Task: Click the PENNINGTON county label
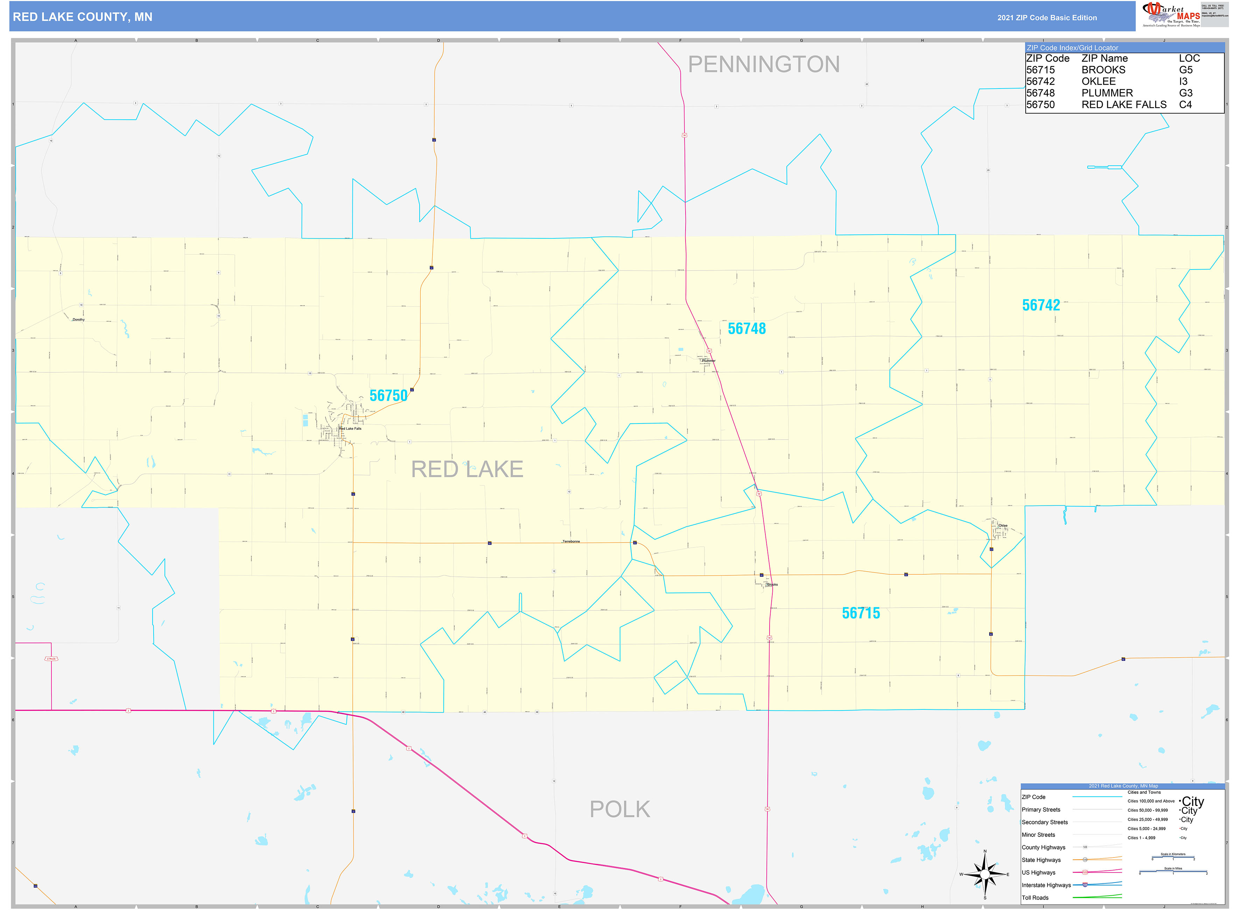764,64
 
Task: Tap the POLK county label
620,809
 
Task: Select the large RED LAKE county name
467,469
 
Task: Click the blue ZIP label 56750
388,395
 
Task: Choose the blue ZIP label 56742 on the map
1040,305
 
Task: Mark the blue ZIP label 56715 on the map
861,613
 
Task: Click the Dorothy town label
79,320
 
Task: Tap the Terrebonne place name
571,541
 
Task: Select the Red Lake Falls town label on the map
350,428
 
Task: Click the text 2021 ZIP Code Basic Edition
1047,17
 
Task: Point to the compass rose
985,874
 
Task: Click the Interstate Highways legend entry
1046,885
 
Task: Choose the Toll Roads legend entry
1035,898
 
